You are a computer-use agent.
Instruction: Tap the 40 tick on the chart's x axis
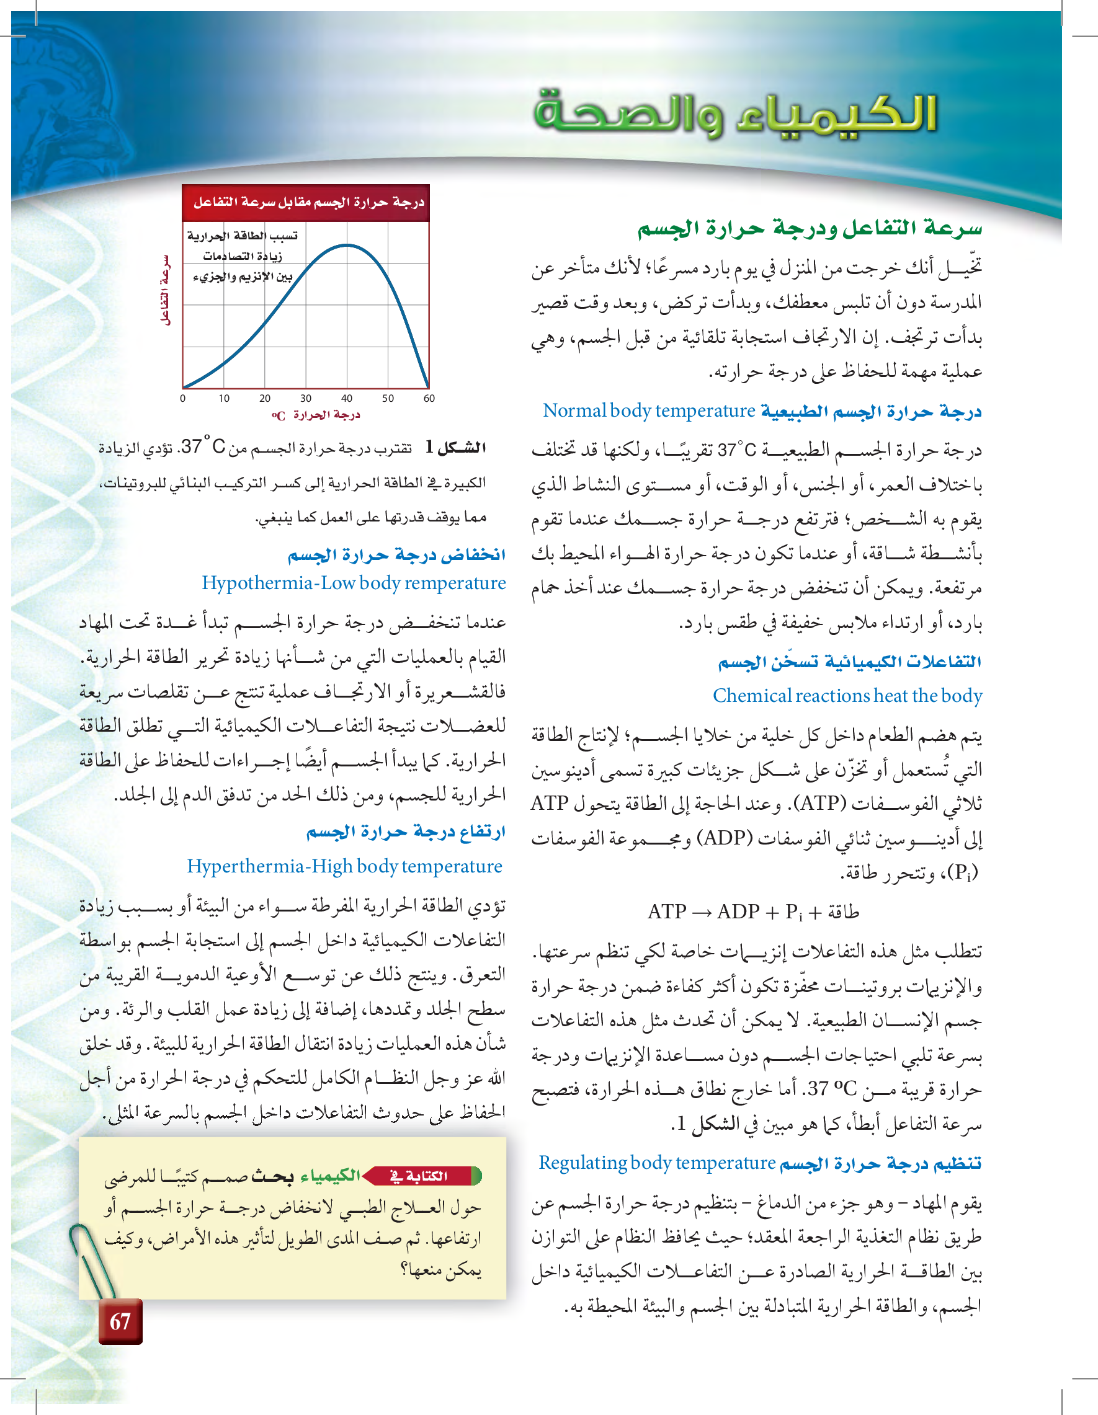[347, 399]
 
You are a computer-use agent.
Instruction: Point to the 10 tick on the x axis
[223, 399]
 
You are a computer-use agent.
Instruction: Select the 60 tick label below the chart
[429, 399]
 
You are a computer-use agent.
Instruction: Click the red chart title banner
[306, 203]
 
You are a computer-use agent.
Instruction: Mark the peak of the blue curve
[347, 245]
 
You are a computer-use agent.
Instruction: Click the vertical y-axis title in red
[166, 290]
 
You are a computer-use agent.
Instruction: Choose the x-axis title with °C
[316, 415]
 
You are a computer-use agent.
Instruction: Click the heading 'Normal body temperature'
[649, 410]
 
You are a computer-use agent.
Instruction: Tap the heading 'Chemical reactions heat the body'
[847, 695]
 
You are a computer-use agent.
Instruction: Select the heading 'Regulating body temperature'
[656, 1163]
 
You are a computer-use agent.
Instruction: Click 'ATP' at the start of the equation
[667, 912]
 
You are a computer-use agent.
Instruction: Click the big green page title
[735, 114]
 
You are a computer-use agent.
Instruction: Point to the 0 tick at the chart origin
[183, 399]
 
